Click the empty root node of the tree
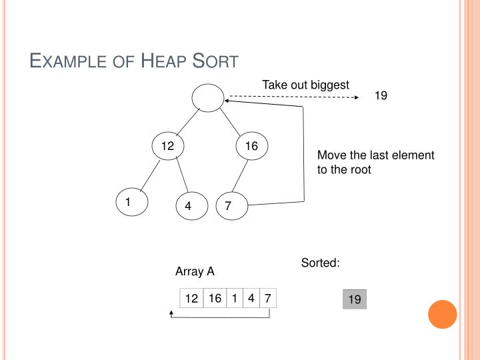pos(209,99)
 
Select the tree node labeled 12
pos(167,147)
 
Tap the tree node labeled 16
pos(251,147)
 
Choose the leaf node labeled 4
pos(189,207)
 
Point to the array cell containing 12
pos(192,299)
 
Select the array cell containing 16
pos(215,299)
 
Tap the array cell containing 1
pos(235,299)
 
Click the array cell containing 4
pos(251,299)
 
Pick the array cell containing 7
pos(267,299)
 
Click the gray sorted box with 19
pos(355,300)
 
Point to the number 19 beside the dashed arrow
pos(381,96)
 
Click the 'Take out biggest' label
pos(305,85)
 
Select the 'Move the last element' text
pos(375,155)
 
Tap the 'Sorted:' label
pos(321,263)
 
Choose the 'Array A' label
pos(195,271)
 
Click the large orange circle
pos(442,314)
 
